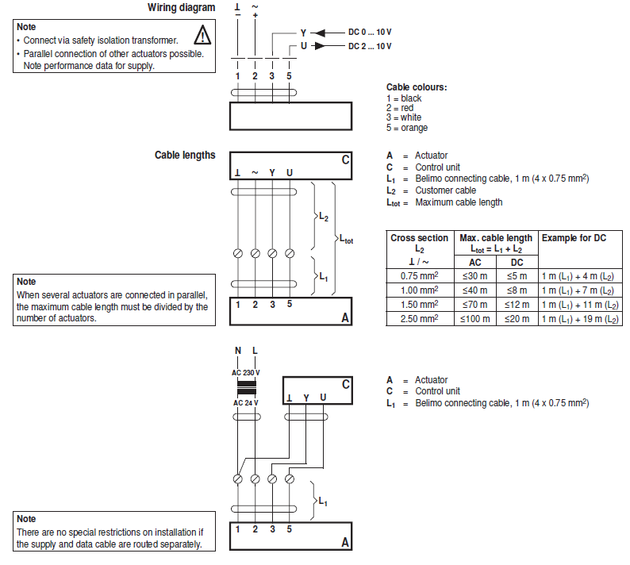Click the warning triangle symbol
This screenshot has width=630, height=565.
[204, 35]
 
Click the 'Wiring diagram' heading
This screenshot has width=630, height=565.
[181, 8]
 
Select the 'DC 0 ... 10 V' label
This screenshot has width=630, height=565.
[370, 32]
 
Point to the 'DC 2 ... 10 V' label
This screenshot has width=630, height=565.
[370, 46]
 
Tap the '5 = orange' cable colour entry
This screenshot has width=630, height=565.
[407, 128]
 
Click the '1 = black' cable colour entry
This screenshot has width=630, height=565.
[404, 98]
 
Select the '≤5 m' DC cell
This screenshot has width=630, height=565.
[517, 276]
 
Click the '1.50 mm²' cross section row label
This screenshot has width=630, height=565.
[420, 305]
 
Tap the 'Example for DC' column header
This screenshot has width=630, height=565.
[574, 238]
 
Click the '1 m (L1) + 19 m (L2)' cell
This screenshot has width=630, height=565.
[579, 318]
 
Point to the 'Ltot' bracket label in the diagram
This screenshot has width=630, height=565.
[346, 238]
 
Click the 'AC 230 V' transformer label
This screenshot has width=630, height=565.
[245, 373]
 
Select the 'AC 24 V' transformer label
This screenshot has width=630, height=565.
[245, 403]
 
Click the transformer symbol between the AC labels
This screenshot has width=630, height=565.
[247, 388]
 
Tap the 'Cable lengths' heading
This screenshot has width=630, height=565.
[184, 155]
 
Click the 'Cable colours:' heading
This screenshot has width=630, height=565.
[416, 87]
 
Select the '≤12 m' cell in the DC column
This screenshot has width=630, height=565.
[517, 305]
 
